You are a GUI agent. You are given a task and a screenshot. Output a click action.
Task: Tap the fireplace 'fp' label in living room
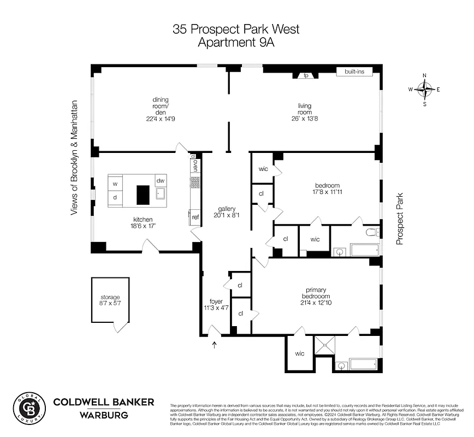306,75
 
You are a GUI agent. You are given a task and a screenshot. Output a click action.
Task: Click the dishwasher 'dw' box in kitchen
161,181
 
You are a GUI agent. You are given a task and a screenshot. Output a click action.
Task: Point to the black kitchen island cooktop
143,194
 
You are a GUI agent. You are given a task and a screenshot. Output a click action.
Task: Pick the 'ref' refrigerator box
195,217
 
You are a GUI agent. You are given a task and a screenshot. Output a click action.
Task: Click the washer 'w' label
115,184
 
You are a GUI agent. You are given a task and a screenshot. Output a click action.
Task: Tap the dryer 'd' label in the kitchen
115,198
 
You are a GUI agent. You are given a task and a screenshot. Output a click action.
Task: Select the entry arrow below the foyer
214,344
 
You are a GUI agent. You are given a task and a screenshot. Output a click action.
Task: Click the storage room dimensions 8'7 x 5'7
110,304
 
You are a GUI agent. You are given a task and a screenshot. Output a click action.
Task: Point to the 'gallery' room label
226,208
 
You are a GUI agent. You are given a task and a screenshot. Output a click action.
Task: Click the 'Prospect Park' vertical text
400,218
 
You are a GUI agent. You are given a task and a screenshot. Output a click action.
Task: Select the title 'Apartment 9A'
236,43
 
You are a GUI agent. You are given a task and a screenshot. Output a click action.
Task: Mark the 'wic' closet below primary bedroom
299,353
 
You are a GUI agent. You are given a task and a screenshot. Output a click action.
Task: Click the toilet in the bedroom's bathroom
372,232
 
